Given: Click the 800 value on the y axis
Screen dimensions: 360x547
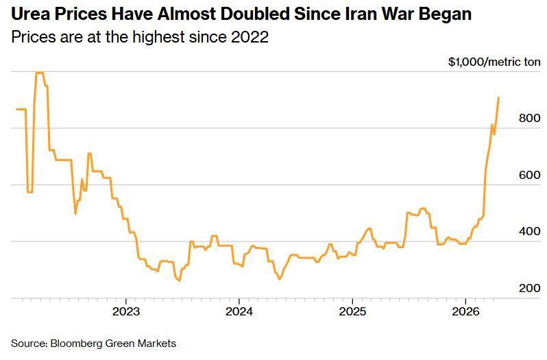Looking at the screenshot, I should [529, 119].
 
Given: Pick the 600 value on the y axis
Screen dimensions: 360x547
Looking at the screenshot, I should [529, 176].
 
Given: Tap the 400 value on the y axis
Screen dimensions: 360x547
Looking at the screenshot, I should [529, 232].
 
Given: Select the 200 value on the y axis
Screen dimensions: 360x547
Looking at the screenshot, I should [529, 289].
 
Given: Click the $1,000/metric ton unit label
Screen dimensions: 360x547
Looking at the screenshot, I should [494, 62].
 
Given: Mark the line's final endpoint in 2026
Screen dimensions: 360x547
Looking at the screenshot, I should [498, 97].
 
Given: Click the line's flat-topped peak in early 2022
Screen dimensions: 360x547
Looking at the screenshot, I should [39, 73].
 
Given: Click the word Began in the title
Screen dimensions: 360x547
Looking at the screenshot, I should [445, 14].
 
